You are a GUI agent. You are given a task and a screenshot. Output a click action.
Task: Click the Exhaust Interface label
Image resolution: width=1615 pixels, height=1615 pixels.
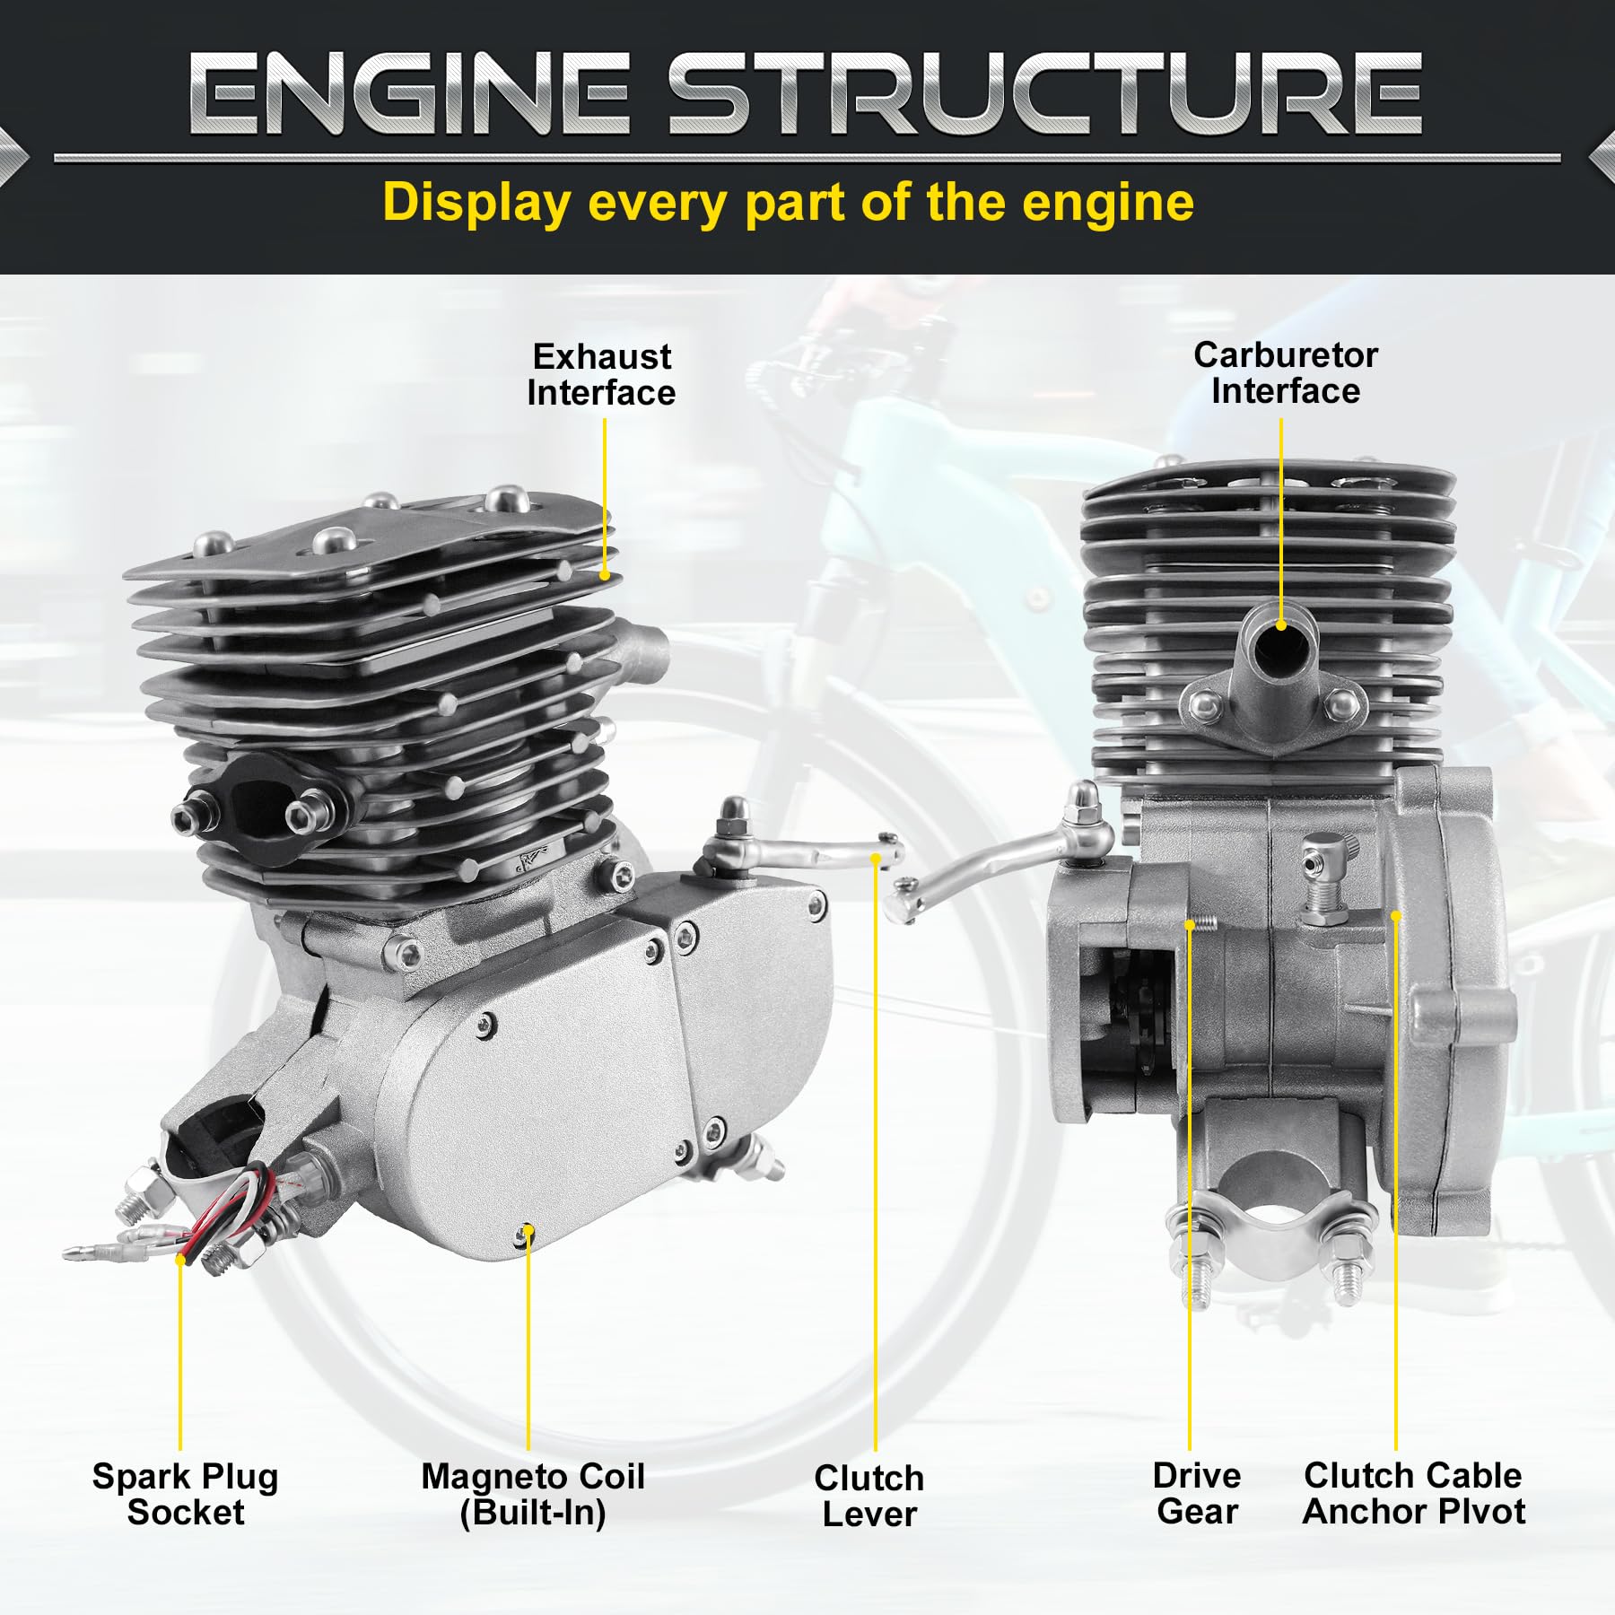point(601,375)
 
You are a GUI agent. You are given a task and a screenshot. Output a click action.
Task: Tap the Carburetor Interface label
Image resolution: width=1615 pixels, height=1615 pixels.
point(1285,373)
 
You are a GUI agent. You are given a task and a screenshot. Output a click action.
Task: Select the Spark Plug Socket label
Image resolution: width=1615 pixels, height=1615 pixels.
point(186,1494)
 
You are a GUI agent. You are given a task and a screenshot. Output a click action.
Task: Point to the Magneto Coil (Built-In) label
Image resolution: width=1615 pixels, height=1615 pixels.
point(533,1494)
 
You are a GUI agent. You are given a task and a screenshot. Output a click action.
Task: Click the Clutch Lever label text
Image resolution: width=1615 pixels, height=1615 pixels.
point(869,1496)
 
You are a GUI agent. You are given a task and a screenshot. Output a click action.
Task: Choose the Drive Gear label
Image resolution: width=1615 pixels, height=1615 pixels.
point(1197,1493)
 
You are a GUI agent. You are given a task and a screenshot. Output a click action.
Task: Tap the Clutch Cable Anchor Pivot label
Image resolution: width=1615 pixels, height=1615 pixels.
point(1413,1493)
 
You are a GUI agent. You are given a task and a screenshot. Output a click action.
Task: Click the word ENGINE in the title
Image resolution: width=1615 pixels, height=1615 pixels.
point(408,94)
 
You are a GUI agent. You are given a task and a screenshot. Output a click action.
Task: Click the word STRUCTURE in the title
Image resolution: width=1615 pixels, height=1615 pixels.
point(1045,94)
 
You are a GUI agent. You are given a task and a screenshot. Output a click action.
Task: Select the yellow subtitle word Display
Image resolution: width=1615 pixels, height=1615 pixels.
point(476,203)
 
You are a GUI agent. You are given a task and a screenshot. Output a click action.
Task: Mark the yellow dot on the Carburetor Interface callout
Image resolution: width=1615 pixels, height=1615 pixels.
point(1281,625)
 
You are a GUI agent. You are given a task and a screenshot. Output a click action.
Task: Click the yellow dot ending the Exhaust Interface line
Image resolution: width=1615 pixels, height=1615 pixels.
point(605,575)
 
